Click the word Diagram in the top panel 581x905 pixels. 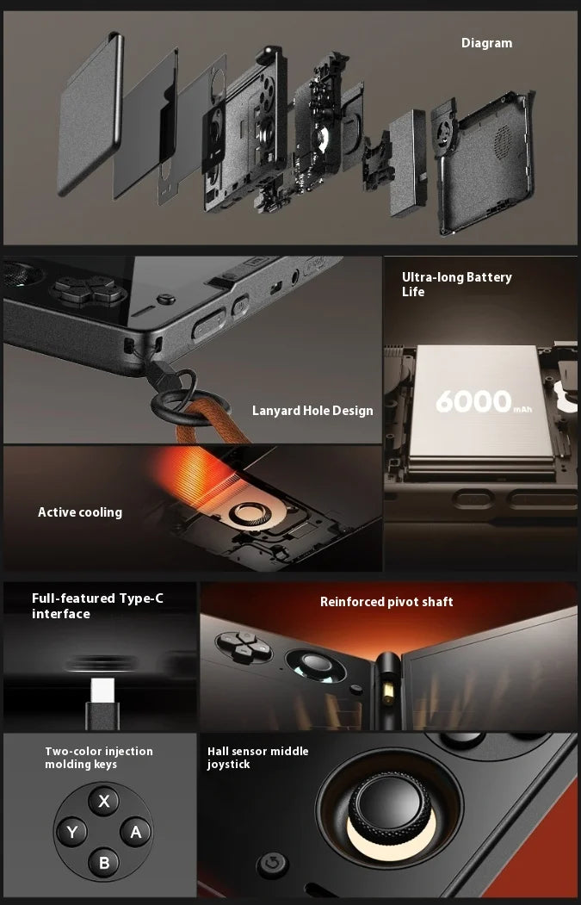point(486,43)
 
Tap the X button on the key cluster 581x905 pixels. point(104,802)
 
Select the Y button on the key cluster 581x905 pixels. point(72,832)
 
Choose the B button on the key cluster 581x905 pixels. point(104,862)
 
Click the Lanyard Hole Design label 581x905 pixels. point(312,411)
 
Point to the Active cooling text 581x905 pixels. point(80,512)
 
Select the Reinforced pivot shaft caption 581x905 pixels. point(386,602)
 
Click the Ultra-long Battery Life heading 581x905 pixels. point(456,284)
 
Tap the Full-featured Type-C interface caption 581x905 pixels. point(97,606)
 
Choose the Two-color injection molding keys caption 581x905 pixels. point(99,758)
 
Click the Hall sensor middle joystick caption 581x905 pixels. point(257,758)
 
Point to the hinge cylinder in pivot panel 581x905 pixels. point(388,685)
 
